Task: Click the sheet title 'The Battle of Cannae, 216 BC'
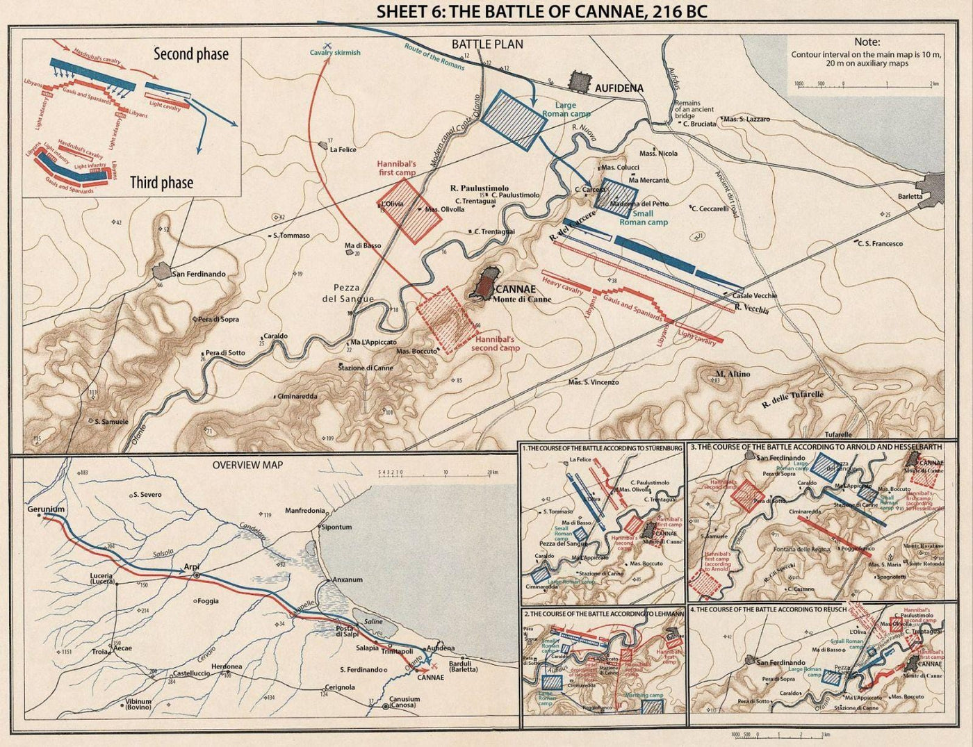pos(541,12)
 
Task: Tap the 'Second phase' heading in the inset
pos(190,54)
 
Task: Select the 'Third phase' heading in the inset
pos(161,183)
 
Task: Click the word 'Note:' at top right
pos(867,42)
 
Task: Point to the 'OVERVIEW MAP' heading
pos(247,464)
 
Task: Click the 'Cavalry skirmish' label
pos(335,53)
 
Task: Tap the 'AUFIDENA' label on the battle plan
pos(619,88)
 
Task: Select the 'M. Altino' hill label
pos(733,374)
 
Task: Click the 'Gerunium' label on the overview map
pos(46,509)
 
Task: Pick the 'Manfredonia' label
pos(305,511)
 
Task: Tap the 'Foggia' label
pos(208,600)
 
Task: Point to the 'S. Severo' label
pos(147,495)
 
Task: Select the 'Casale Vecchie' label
pos(755,295)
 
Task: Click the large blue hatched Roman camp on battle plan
pos(515,119)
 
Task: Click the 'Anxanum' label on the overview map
pos(347,579)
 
